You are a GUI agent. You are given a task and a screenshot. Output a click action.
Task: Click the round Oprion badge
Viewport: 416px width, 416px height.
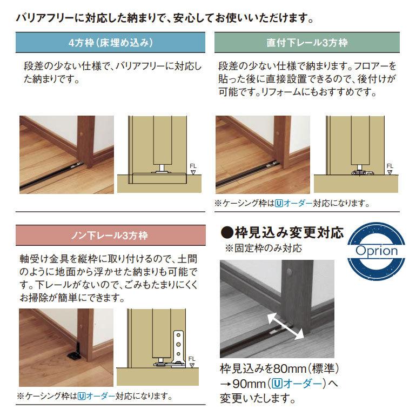coord(376,250)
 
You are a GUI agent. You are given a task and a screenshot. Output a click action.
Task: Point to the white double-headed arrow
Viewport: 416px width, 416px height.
coord(284,327)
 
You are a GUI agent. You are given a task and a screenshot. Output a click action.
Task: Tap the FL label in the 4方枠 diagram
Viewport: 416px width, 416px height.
coord(193,166)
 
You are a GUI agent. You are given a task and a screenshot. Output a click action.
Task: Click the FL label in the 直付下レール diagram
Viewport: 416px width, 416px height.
coord(390,166)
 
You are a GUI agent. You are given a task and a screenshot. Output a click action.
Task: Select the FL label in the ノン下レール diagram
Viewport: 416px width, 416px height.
coord(192,358)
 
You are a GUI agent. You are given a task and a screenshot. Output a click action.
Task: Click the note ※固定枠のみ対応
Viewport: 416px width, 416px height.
coord(263,249)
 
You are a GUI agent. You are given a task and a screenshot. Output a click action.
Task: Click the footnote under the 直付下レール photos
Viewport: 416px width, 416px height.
coord(292,204)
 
